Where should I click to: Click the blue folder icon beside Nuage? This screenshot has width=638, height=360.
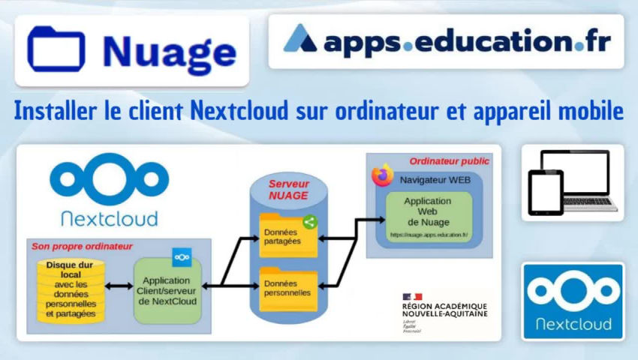pyautogui.click(x=56, y=49)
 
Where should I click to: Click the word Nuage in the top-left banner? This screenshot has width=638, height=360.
pyautogui.click(x=169, y=51)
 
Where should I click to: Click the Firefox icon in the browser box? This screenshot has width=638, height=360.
pyautogui.click(x=383, y=175)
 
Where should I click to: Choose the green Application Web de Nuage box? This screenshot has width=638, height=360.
pyautogui.click(x=428, y=217)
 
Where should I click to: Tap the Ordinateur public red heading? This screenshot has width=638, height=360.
pyautogui.click(x=449, y=161)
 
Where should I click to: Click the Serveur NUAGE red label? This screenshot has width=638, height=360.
pyautogui.click(x=289, y=190)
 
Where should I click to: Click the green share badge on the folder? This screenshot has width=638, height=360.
pyautogui.click(x=308, y=222)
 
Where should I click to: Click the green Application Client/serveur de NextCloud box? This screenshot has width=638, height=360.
pyautogui.click(x=168, y=291)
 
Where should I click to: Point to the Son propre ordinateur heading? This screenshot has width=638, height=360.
pyautogui.click(x=82, y=246)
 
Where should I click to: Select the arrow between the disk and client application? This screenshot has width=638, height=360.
pyautogui.click(x=119, y=286)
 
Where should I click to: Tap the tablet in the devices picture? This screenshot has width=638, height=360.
pyautogui.click(x=545, y=192)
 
